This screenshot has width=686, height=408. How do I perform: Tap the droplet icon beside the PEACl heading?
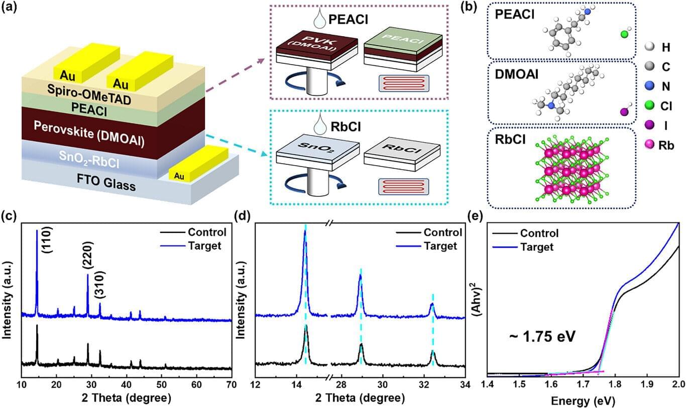point(318,20)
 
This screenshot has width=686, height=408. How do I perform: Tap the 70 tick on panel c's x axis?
point(232,384)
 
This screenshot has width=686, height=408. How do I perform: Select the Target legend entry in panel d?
point(440,246)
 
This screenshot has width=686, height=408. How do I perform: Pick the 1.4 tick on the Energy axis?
point(488,384)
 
